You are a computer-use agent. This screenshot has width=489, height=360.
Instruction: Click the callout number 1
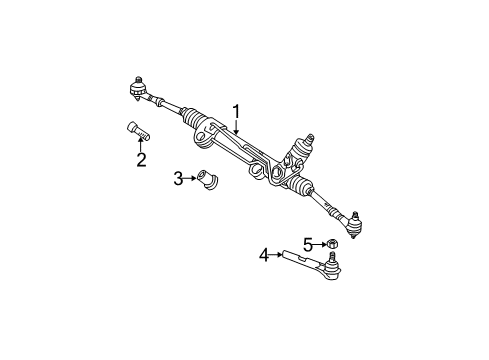(236, 111)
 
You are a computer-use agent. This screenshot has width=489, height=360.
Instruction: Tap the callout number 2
(141, 160)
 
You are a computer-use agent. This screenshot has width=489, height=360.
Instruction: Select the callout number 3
(177, 179)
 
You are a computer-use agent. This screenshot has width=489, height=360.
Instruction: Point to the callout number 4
(264, 256)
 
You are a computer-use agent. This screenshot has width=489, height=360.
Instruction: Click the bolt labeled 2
(136, 131)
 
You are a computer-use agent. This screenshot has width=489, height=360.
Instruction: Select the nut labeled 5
(330, 243)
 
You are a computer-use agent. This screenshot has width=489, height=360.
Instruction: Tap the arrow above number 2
(141, 146)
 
